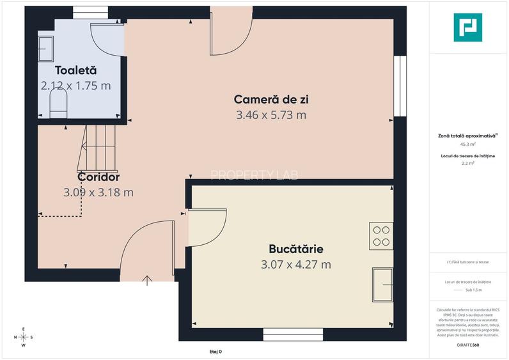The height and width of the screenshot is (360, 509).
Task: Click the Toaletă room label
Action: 75,70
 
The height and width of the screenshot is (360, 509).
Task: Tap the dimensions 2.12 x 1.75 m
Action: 75,86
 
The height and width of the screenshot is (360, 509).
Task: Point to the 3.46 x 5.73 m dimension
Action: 270,115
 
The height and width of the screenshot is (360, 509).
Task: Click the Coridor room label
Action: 98,176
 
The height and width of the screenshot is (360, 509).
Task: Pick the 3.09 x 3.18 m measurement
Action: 98,192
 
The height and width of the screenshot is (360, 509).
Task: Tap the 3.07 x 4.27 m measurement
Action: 295,264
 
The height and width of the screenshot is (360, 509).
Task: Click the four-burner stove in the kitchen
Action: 382,236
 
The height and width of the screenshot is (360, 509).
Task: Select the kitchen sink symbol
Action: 383,284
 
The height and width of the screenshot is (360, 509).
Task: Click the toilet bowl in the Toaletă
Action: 58,104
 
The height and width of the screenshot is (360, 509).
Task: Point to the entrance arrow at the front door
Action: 147,279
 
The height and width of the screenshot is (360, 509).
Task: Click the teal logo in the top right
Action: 467,27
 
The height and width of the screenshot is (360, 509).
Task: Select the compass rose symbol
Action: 24,337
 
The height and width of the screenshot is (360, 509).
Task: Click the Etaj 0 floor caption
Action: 215,352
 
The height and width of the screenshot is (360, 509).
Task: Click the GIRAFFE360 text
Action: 467,345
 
